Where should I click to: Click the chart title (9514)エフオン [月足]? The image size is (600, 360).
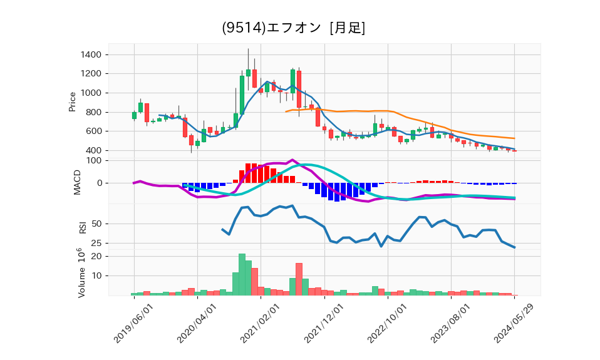pyautogui.click(x=294, y=28)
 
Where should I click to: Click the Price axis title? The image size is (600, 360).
pyautogui.click(x=73, y=101)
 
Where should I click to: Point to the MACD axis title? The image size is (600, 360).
pyautogui.click(x=78, y=182)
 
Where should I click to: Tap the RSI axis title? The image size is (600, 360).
pyautogui.click(x=82, y=227)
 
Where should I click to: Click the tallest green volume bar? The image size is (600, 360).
pyautogui.click(x=242, y=274)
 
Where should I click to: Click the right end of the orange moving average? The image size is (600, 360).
pyautogui.click(x=515, y=138)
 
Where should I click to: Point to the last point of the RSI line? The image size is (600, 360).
pyautogui.click(x=515, y=247)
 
